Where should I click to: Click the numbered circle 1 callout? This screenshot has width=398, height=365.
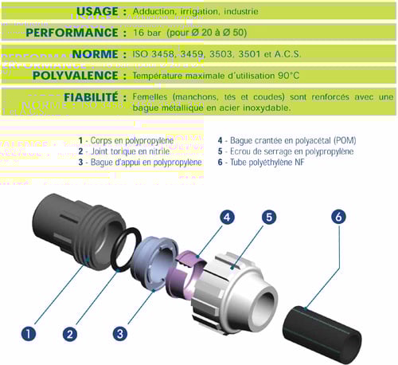click(29, 334)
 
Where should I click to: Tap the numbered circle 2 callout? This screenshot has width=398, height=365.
click(70, 334)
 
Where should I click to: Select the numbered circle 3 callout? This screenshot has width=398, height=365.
click(120, 334)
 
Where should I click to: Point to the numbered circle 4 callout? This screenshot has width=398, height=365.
click(227, 218)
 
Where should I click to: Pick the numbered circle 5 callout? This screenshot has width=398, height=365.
click(269, 217)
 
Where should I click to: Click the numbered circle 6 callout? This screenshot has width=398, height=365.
click(338, 217)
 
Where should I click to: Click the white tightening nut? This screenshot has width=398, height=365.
click(233, 293)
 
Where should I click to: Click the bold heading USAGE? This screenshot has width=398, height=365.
click(97, 11)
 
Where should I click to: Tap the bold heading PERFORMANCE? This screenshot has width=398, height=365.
click(72, 33)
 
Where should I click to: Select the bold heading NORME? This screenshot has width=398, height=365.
click(95, 54)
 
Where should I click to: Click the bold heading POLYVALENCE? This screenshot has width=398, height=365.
click(76, 76)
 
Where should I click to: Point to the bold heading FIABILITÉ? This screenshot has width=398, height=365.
click(91, 97)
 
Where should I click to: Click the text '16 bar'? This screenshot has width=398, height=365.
click(146, 33)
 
